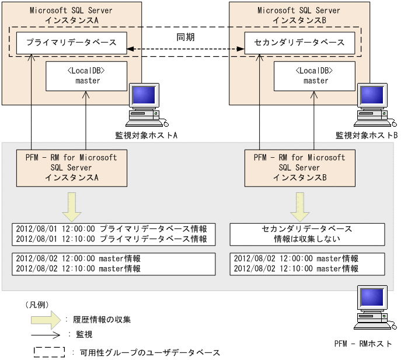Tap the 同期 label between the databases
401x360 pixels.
(185, 37)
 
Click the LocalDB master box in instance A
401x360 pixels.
(88, 75)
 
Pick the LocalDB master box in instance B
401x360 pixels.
(315, 75)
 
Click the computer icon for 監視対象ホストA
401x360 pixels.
(146, 105)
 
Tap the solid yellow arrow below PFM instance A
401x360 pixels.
(71, 205)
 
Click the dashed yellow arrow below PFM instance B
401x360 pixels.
(299, 205)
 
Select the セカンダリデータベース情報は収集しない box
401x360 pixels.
(308, 234)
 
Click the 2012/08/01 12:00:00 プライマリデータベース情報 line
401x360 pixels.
(111, 229)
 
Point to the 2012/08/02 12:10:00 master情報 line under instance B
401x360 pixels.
(296, 269)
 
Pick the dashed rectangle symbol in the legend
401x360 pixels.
(49, 352)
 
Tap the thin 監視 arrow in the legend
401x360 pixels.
(47, 335)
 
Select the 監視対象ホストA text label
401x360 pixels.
(146, 135)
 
